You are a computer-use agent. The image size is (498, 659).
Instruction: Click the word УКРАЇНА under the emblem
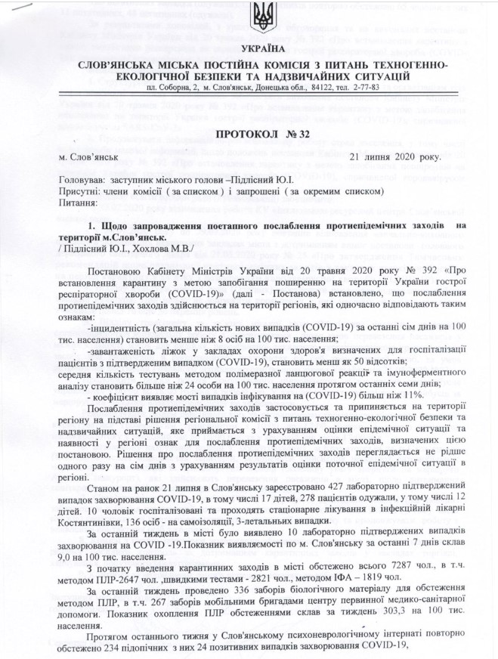249,48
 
